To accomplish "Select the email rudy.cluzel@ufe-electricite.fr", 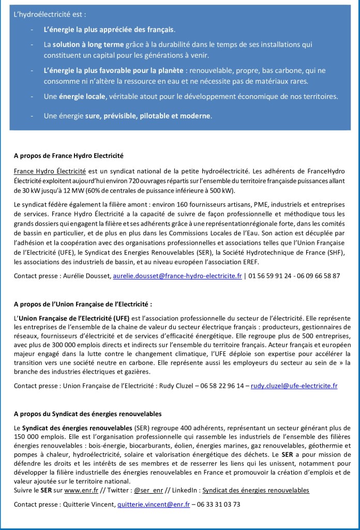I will pyautogui.click(x=294, y=386).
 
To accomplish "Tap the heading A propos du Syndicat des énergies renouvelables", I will pyautogui.click(x=88, y=414).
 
